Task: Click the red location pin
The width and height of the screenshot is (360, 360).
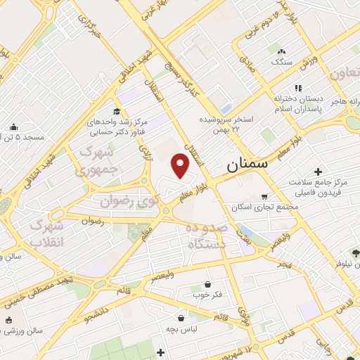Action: [x=181, y=166]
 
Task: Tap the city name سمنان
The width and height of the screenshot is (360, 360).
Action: [x=247, y=167]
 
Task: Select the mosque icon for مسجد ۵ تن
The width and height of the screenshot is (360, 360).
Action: [x=13, y=127]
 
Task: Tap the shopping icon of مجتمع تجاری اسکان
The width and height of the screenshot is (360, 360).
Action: [x=264, y=197]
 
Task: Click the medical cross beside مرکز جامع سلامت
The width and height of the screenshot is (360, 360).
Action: [x=319, y=172]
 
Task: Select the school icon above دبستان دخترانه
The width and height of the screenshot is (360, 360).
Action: [x=297, y=89]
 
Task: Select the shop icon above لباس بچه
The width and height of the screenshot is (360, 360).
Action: [x=181, y=318]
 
